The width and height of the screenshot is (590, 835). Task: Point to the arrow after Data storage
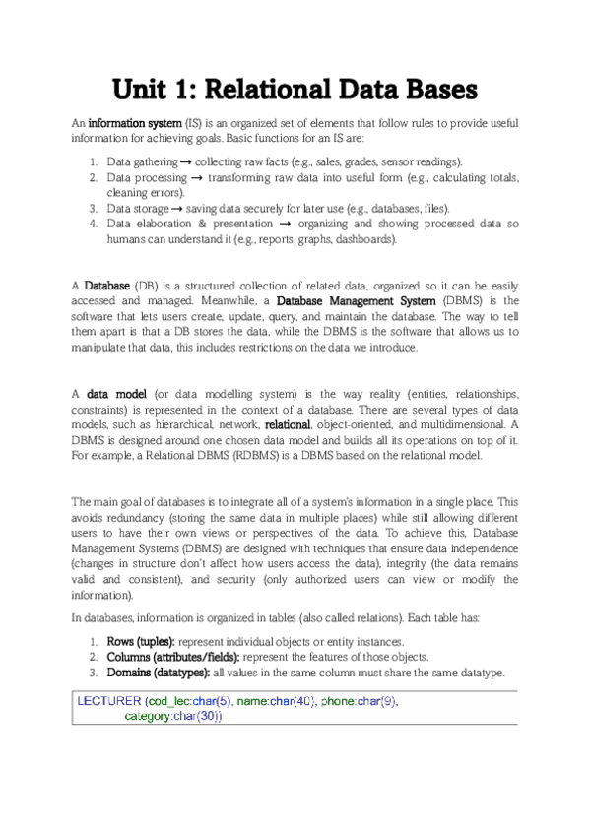tap(177, 209)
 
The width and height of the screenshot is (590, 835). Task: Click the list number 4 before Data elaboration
tap(91, 224)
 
